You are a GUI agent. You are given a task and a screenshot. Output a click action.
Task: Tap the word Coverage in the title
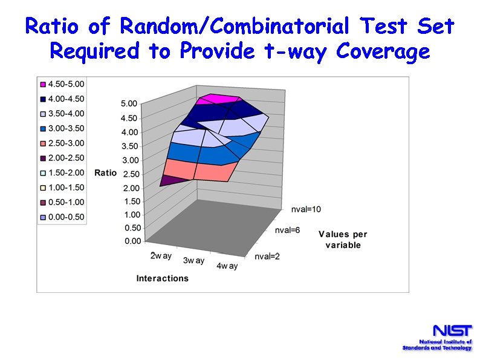coord(383,51)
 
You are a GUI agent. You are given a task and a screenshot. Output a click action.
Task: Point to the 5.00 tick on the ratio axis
coord(129,104)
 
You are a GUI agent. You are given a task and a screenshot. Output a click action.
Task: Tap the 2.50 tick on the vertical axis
coord(131,174)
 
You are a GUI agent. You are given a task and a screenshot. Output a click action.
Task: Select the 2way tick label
coord(161,256)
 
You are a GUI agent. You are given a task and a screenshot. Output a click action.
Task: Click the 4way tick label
coord(227,266)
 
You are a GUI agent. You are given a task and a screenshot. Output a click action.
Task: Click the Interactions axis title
coord(162,278)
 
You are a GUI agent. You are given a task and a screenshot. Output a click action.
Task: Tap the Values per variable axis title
coord(343,240)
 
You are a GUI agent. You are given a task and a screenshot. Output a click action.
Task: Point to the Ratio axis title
coord(105,173)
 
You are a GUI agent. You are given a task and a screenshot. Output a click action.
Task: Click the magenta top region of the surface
coord(221,99)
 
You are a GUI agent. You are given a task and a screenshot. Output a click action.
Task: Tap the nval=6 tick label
coord(288,231)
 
